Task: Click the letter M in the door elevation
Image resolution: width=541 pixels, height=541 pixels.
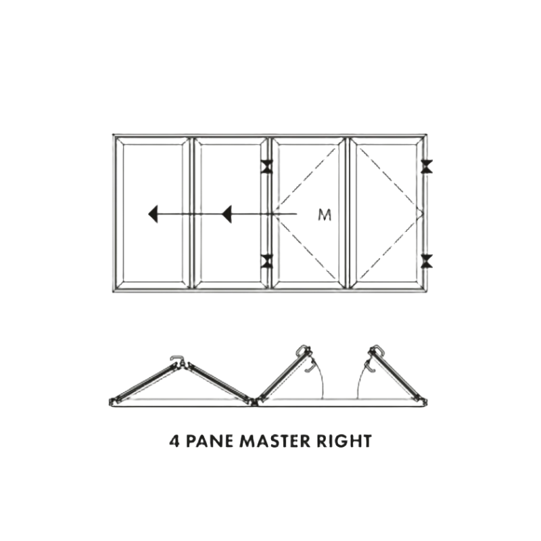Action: click(x=325, y=214)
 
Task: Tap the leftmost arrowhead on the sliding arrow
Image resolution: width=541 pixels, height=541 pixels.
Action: click(x=154, y=214)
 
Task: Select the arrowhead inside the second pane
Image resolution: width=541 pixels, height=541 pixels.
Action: click(x=227, y=214)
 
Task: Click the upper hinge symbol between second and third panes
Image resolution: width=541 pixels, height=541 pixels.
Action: click(x=266, y=166)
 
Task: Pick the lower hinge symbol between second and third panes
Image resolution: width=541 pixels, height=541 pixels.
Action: click(x=266, y=261)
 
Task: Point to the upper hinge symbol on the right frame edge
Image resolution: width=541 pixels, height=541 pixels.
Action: click(x=427, y=166)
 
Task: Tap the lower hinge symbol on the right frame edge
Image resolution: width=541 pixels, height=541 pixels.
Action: click(x=427, y=261)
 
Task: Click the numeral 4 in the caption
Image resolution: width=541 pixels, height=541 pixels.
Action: click(x=174, y=442)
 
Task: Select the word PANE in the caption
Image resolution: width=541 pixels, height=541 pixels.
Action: click(x=210, y=442)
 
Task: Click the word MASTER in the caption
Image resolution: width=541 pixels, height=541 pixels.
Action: click(x=275, y=442)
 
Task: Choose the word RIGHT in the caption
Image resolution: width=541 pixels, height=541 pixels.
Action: click(x=344, y=442)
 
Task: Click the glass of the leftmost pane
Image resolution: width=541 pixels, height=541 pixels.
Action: click(x=153, y=179)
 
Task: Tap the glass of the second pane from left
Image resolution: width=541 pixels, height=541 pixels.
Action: click(x=230, y=179)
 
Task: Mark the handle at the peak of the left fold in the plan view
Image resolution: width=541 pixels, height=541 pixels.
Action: click(x=177, y=360)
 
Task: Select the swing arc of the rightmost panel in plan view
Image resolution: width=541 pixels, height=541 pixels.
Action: click(x=360, y=379)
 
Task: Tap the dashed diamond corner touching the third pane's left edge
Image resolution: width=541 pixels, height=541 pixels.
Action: click(x=275, y=214)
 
